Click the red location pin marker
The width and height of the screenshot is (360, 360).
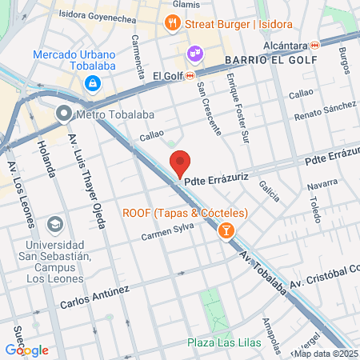point(181,163)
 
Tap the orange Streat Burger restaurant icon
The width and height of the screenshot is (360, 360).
point(171,24)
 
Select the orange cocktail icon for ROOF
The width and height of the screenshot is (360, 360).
point(226,230)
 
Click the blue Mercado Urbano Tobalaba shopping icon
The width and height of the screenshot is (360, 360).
point(94,83)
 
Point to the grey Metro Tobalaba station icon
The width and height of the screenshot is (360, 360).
point(64,114)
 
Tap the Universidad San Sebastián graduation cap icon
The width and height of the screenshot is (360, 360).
point(54,223)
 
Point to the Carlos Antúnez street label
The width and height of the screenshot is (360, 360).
point(94,298)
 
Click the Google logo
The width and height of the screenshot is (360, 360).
point(26,350)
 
